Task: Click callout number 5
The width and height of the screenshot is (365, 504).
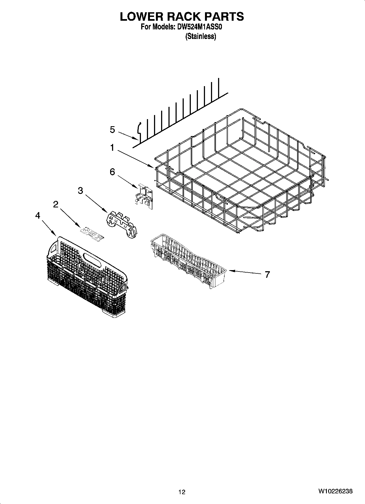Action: pyautogui.click(x=113, y=130)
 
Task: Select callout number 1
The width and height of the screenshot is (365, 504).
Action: pyautogui.click(x=112, y=148)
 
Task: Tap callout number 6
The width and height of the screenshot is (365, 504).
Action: pyautogui.click(x=112, y=172)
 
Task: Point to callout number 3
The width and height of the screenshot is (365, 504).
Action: pyautogui.click(x=80, y=191)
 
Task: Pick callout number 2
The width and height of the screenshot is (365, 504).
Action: pyautogui.click(x=56, y=204)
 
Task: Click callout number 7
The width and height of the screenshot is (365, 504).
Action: pyautogui.click(x=267, y=274)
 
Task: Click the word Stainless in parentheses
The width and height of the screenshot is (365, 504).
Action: pyautogui.click(x=201, y=36)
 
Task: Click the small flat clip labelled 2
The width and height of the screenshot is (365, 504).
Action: pyautogui.click(x=92, y=234)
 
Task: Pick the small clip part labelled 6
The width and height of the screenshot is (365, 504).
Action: pyautogui.click(x=144, y=196)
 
